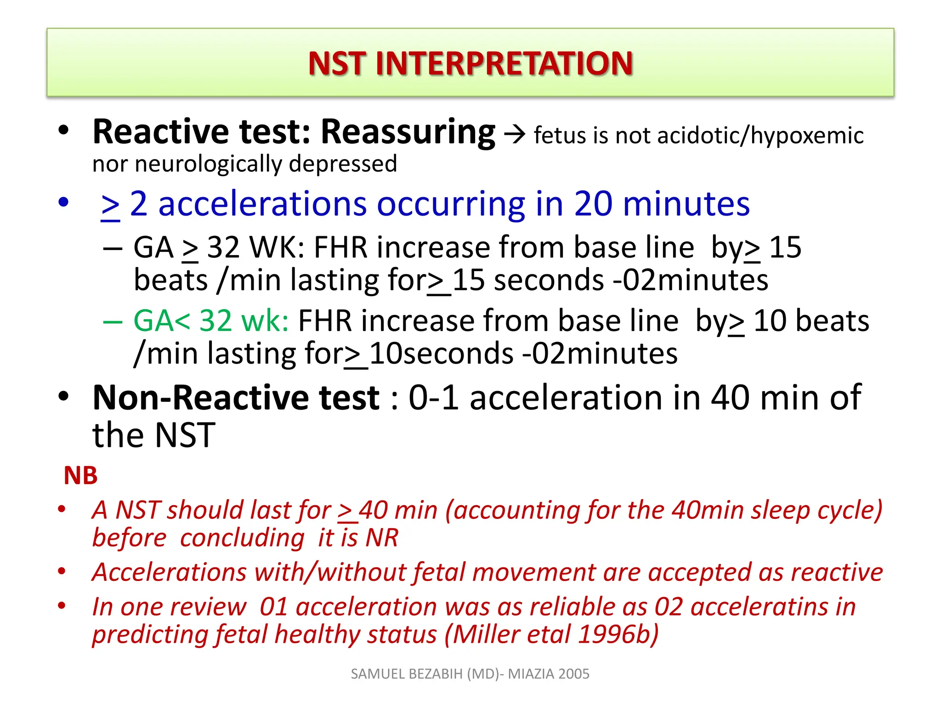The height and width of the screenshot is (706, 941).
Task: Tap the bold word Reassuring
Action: coord(408,132)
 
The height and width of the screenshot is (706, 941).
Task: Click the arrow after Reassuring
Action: coord(514,135)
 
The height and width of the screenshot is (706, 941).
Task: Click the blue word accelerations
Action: coord(262,204)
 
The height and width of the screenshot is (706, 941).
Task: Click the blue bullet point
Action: coord(63,202)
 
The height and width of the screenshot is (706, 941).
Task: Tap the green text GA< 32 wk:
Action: coord(210,320)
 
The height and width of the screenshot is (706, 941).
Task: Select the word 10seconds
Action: coord(441,354)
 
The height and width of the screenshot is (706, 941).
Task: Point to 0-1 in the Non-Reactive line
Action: coord(433,398)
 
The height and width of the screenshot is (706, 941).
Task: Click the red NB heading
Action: coord(80,475)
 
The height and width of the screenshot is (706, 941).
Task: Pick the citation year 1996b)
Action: coord(618,635)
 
